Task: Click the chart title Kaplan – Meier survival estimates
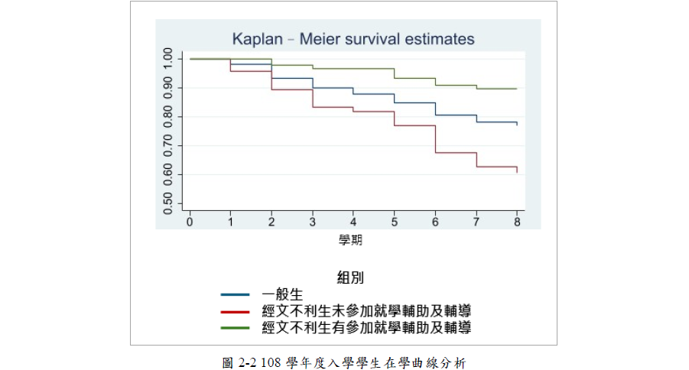pos(353,39)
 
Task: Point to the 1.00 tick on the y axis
pos(167,59)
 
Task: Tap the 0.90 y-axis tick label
pos(167,88)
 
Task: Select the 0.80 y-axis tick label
pos(167,117)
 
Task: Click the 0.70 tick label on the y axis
pos(167,146)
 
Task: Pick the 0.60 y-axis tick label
pos(167,175)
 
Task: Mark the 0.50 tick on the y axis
pos(167,203)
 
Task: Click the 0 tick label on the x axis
pos(190,220)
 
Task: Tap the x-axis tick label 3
pos(313,220)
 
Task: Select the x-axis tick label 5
pos(395,220)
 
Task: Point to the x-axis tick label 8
pos(517,220)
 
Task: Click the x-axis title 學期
pos(350,240)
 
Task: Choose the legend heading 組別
pos(350,276)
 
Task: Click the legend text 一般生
pos(283,294)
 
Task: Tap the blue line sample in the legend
pos(235,294)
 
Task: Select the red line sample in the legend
pos(235,311)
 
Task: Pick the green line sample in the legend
pos(235,328)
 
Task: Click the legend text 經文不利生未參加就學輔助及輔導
pos(366,311)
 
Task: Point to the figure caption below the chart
pos(343,362)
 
